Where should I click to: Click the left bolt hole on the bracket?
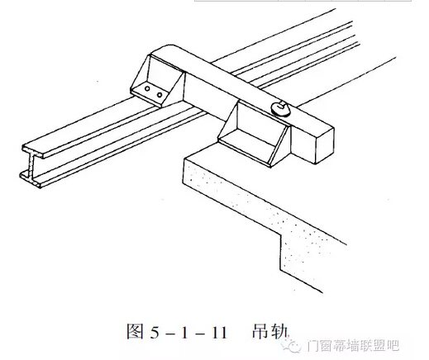[x=147, y=89]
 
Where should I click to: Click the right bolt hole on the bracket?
[x=160, y=95]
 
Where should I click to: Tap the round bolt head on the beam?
[x=280, y=108]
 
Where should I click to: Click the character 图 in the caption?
[x=136, y=331]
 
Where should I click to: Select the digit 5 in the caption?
[x=155, y=333]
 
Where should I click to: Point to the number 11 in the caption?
[x=220, y=333]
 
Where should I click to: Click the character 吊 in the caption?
[x=260, y=330]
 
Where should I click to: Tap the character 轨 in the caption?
[x=279, y=331]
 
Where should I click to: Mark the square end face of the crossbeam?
[x=324, y=146]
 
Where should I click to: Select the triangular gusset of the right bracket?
[x=279, y=145]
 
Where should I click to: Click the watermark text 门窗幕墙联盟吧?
[x=353, y=346]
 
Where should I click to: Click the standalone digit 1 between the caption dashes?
[x=184, y=333]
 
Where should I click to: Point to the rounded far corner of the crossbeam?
[x=169, y=46]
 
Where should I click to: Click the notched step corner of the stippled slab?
[x=280, y=234]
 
